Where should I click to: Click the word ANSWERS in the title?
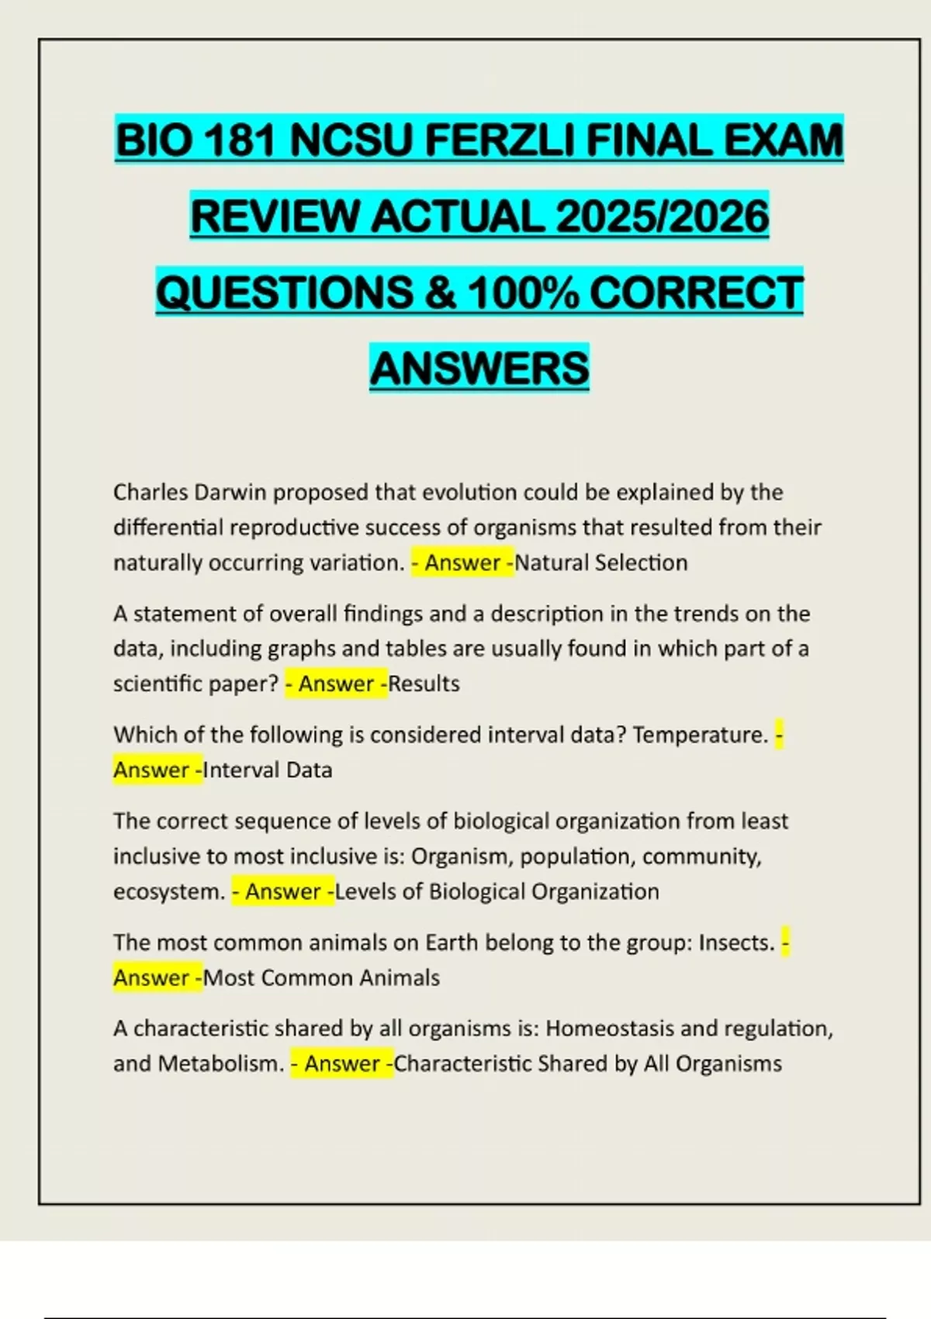[479, 368]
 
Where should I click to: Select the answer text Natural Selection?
[601, 563]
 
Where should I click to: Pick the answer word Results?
[424, 684]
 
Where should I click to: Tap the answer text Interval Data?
[268, 770]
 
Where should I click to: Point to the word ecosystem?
[169, 891]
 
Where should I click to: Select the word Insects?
[737, 943]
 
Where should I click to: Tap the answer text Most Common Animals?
[321, 978]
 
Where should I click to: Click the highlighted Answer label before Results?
[336, 684]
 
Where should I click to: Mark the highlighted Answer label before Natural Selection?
[462, 563]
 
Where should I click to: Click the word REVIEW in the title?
[274, 216]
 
